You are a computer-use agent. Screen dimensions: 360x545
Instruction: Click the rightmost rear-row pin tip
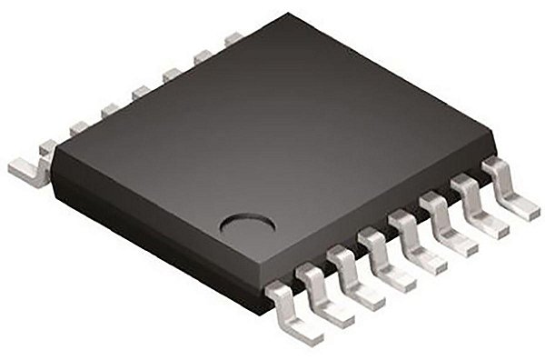[x=235, y=38]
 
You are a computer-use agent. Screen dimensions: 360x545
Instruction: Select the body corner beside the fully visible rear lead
[x=52, y=155]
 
